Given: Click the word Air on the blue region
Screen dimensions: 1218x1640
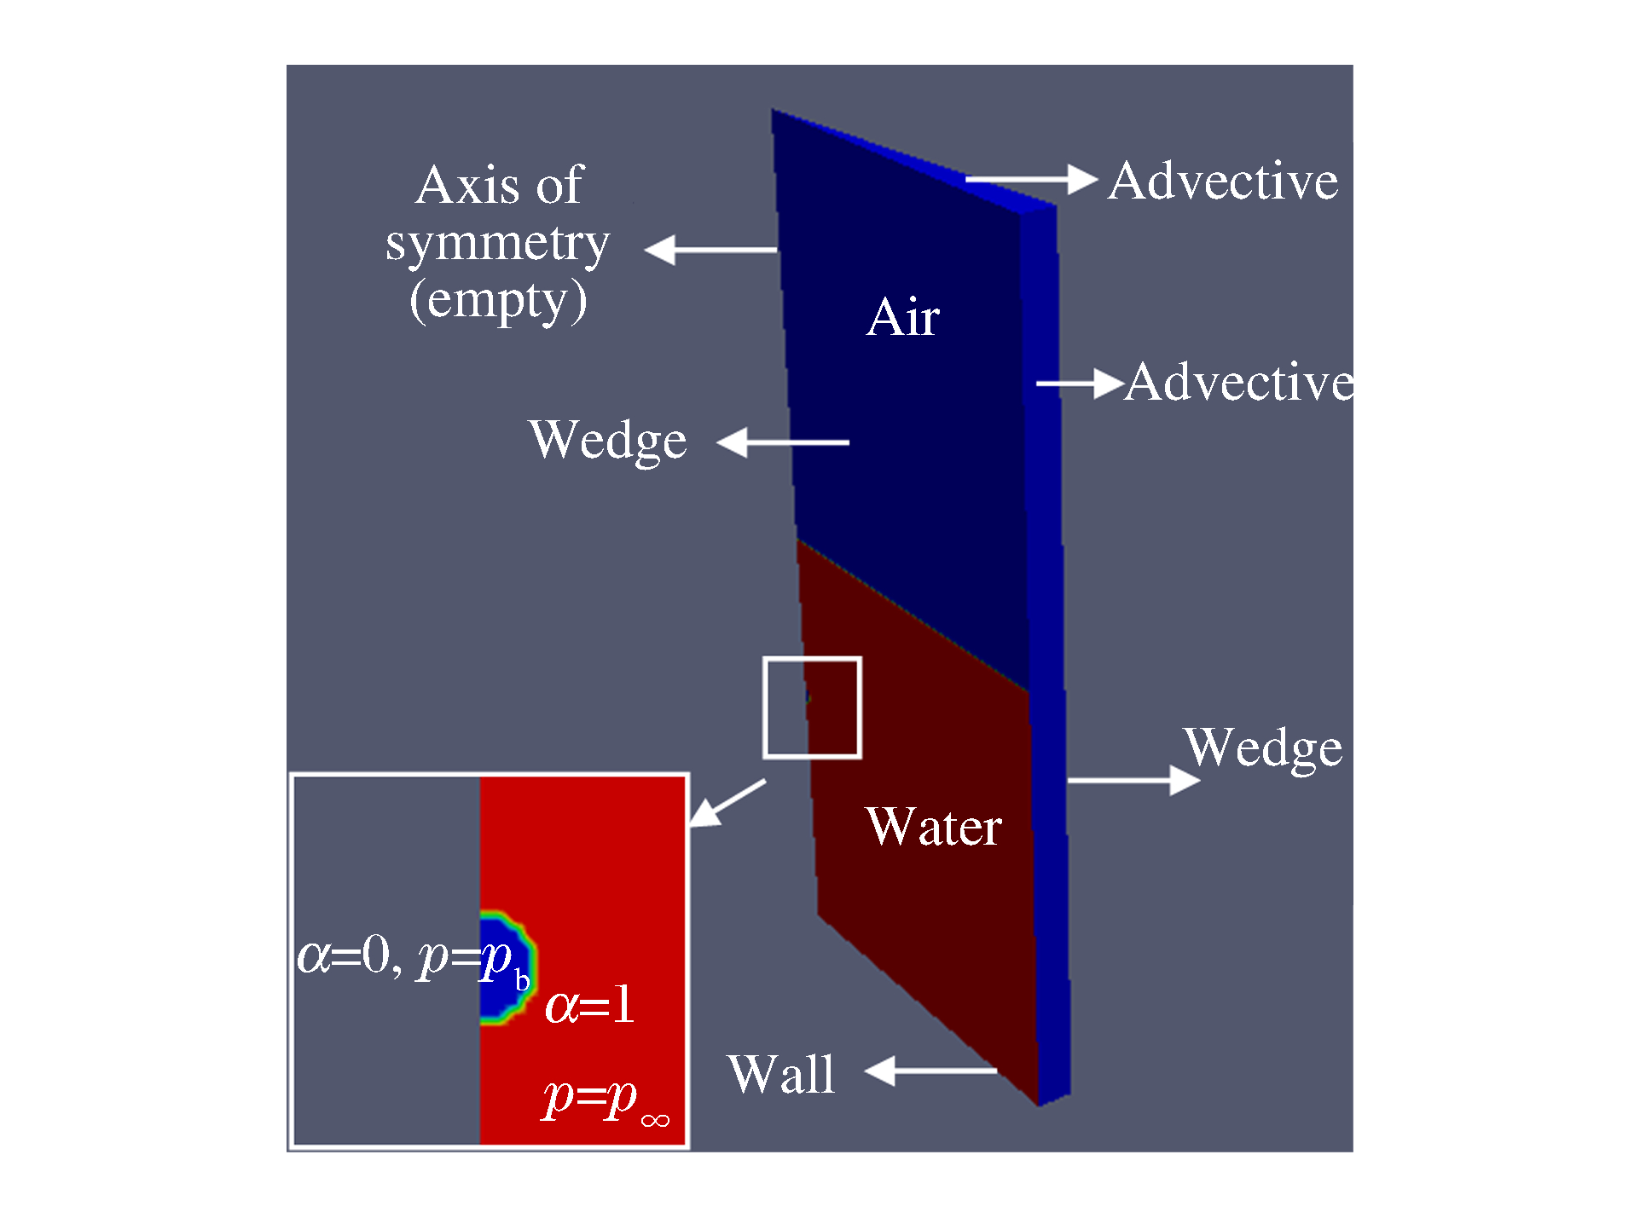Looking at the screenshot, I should [902, 317].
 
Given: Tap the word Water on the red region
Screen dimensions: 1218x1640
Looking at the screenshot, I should [933, 827].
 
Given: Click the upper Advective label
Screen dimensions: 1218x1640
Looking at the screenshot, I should [1223, 181].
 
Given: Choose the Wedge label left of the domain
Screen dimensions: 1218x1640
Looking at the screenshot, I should [607, 441].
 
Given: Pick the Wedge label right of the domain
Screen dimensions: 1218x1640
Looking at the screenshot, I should [1262, 748].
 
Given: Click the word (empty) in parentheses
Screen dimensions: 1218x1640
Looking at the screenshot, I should [498, 300].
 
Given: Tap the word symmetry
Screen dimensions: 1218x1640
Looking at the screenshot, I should [497, 244].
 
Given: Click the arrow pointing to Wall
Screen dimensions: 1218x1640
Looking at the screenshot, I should [930, 1071].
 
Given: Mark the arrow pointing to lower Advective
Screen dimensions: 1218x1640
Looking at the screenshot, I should [1080, 384].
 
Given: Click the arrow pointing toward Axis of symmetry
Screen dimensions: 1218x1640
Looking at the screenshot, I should [710, 250].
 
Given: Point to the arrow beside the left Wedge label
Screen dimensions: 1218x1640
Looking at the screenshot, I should [782, 442].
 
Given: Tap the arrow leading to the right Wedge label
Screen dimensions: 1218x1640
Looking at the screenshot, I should [1133, 780].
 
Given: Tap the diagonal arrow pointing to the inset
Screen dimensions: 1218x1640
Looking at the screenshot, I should [727, 803].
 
